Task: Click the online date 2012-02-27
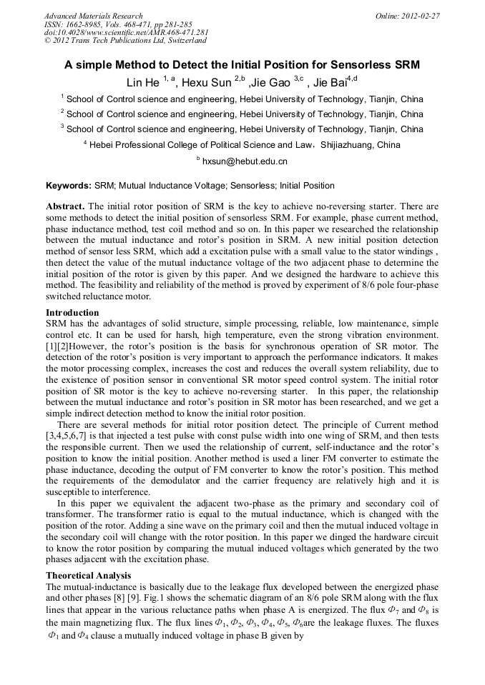422,16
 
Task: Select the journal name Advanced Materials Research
94,16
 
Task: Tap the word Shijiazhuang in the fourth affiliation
347,145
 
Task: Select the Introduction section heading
72,313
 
